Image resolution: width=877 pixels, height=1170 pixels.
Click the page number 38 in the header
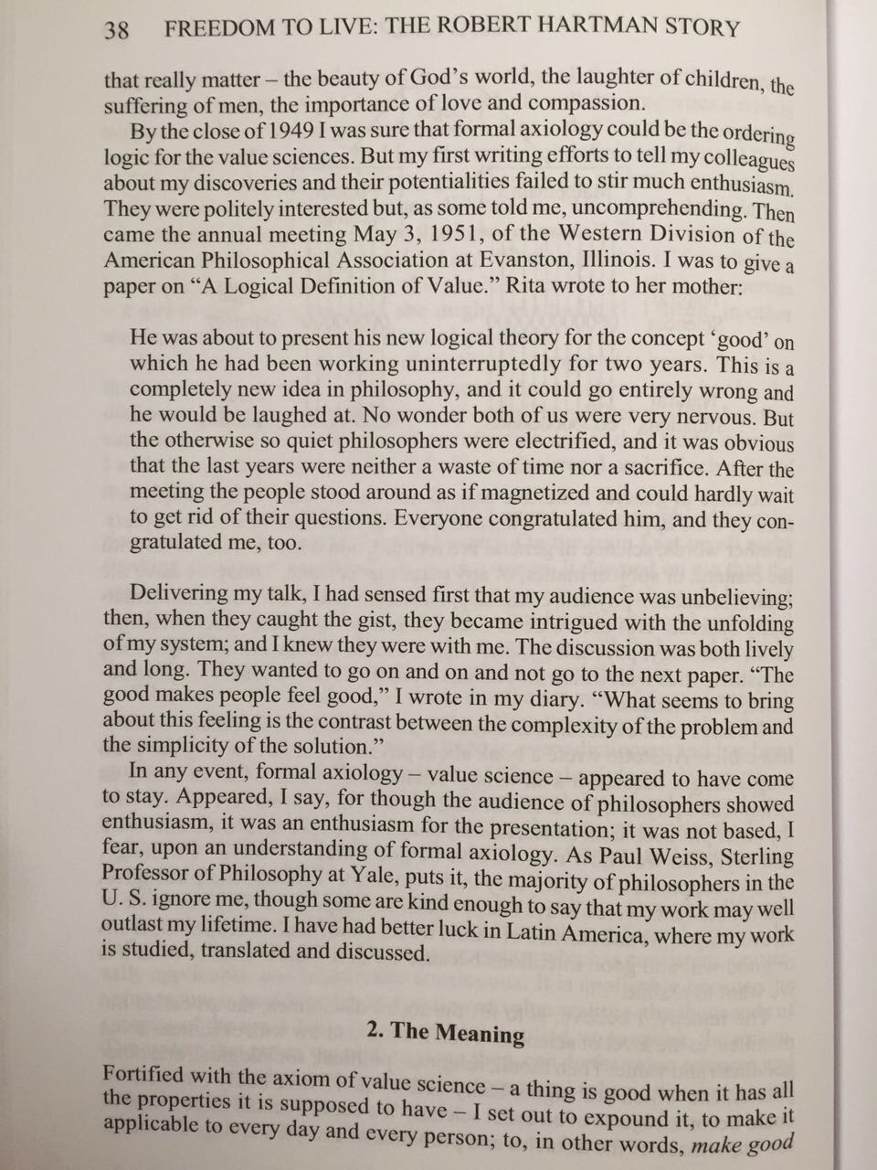117,29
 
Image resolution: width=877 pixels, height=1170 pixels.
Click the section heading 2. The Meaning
445,1032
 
